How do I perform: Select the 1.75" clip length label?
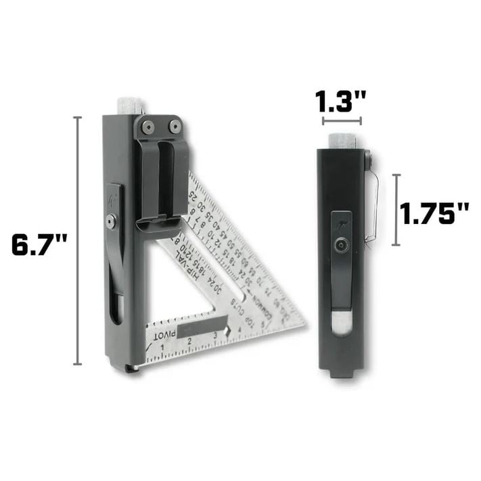coord(434,214)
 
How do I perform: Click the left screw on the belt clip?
coord(147,127)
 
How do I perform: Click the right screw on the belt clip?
coord(174,127)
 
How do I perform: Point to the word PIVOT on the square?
coord(164,334)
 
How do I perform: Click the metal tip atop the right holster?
coord(342,141)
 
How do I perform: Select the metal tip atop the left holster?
coord(131,106)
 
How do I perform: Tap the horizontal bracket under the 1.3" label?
coord(342,122)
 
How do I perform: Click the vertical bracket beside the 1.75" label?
coord(396,208)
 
